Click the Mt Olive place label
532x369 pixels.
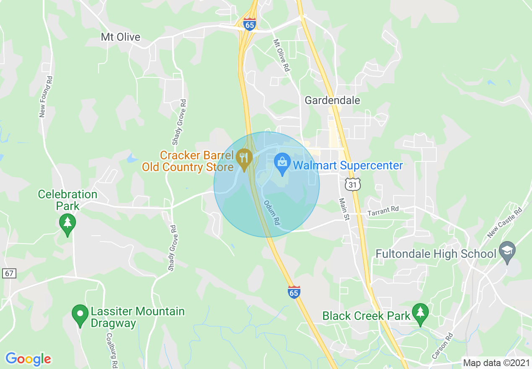click(120, 37)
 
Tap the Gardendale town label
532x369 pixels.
click(332, 100)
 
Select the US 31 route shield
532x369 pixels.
click(353, 184)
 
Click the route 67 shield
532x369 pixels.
click(9, 273)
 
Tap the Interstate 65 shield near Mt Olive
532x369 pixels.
click(250, 24)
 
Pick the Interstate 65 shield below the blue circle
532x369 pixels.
click(294, 292)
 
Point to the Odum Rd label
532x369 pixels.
click(271, 213)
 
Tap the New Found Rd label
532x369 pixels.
click(46, 97)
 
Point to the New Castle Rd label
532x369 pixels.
click(505, 222)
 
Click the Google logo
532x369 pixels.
click(28, 359)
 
